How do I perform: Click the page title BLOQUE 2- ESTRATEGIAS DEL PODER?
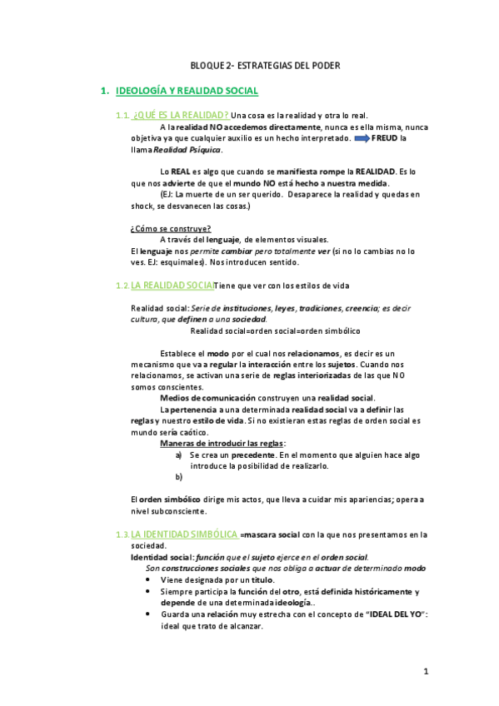(265, 66)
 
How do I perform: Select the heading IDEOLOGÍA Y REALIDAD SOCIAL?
(187, 90)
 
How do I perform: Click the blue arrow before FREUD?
(364, 138)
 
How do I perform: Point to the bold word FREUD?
(387, 138)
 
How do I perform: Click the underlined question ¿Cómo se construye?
(171, 229)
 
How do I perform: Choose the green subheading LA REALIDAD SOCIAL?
(172, 286)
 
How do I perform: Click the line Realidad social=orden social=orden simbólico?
(263, 331)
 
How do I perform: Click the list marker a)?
(179, 455)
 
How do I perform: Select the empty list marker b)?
(179, 477)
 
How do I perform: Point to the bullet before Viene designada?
(148, 579)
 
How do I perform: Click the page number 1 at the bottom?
(425, 672)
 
